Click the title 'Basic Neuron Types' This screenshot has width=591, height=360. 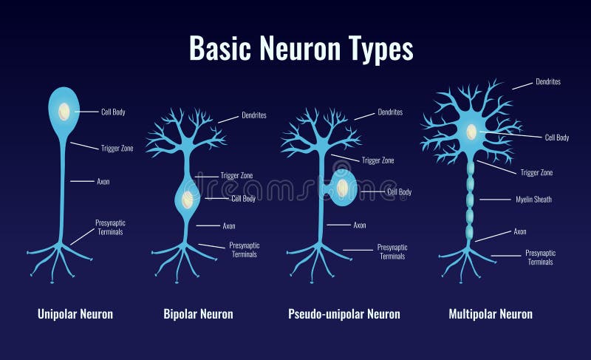tap(301, 49)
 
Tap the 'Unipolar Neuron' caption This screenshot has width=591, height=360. tap(75, 314)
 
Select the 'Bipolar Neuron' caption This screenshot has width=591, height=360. tap(198, 314)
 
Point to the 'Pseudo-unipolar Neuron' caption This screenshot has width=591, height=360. tap(344, 314)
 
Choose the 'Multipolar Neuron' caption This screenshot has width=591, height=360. tap(491, 314)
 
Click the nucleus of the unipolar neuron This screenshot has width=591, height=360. tap(65, 111)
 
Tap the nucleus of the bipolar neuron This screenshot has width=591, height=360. tap(188, 199)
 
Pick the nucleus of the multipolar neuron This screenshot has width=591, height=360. tap(471, 132)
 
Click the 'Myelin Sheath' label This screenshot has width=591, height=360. tap(533, 200)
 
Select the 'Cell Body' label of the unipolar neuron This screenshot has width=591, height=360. tap(113, 112)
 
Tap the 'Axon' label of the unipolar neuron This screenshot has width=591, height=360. tap(103, 181)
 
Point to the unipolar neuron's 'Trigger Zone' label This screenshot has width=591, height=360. tap(117, 148)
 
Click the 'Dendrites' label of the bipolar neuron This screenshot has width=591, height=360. tap(253, 115)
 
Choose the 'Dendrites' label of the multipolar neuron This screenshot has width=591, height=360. tap(547, 82)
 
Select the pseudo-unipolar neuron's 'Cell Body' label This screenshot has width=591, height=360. tap(400, 192)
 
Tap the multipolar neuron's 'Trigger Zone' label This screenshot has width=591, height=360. tap(536, 173)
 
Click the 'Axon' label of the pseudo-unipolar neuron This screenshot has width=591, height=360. tap(360, 225)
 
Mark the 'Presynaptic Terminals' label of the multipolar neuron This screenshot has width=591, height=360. tap(540, 257)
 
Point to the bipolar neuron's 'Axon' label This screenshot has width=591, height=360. tap(229, 226)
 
